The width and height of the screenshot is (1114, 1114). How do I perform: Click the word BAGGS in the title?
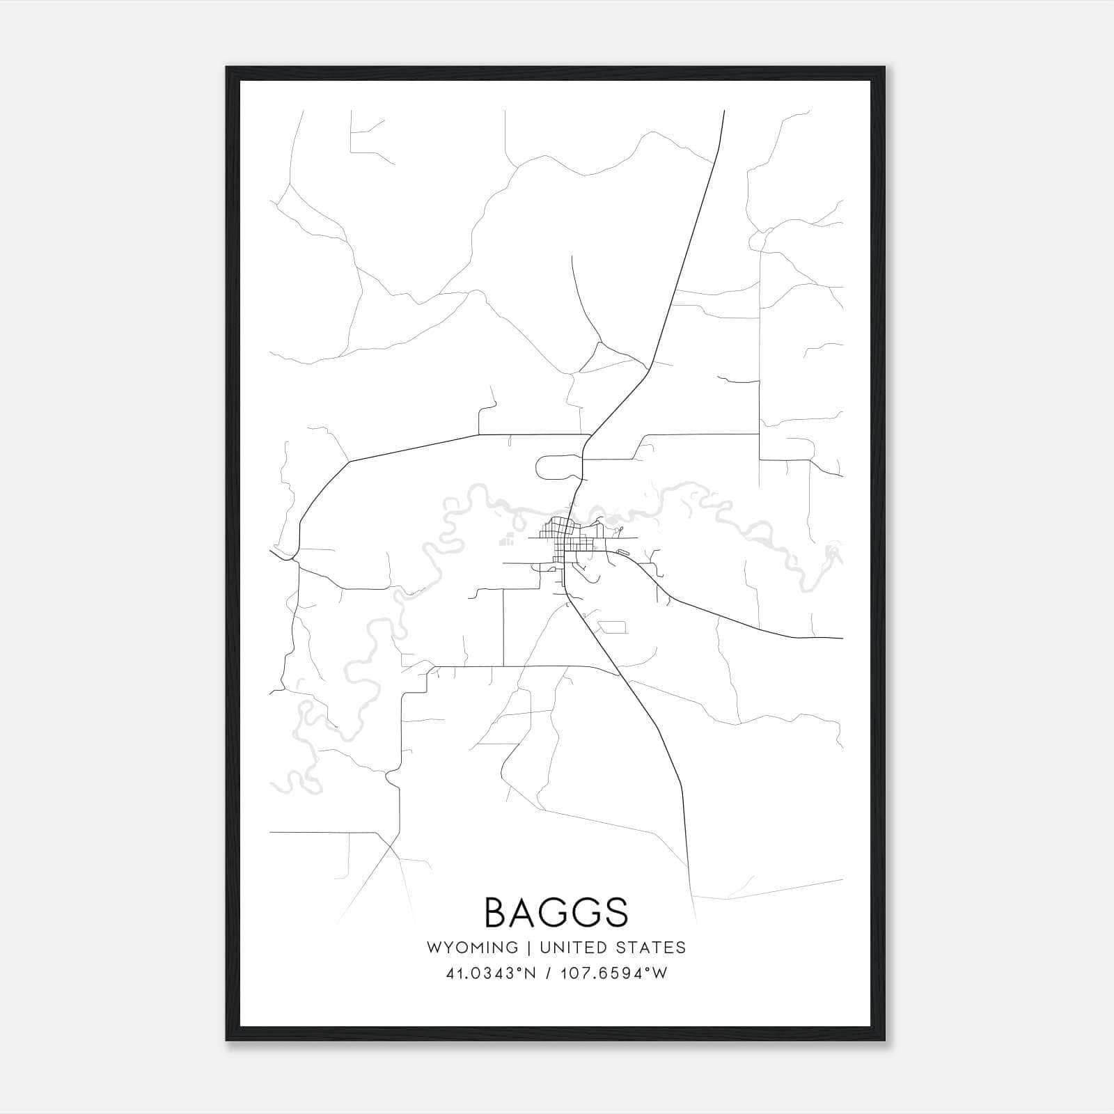click(556, 913)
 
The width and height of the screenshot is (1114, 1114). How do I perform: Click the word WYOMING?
click(472, 948)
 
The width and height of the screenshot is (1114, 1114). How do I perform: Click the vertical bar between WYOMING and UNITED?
click(529, 948)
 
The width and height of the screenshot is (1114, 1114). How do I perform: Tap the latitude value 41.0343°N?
click(491, 973)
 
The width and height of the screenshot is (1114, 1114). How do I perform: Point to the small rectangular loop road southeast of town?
click(613, 627)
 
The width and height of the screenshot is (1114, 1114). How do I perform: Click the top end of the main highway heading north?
click(724, 111)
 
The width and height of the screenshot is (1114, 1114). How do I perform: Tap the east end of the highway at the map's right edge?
click(841, 637)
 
